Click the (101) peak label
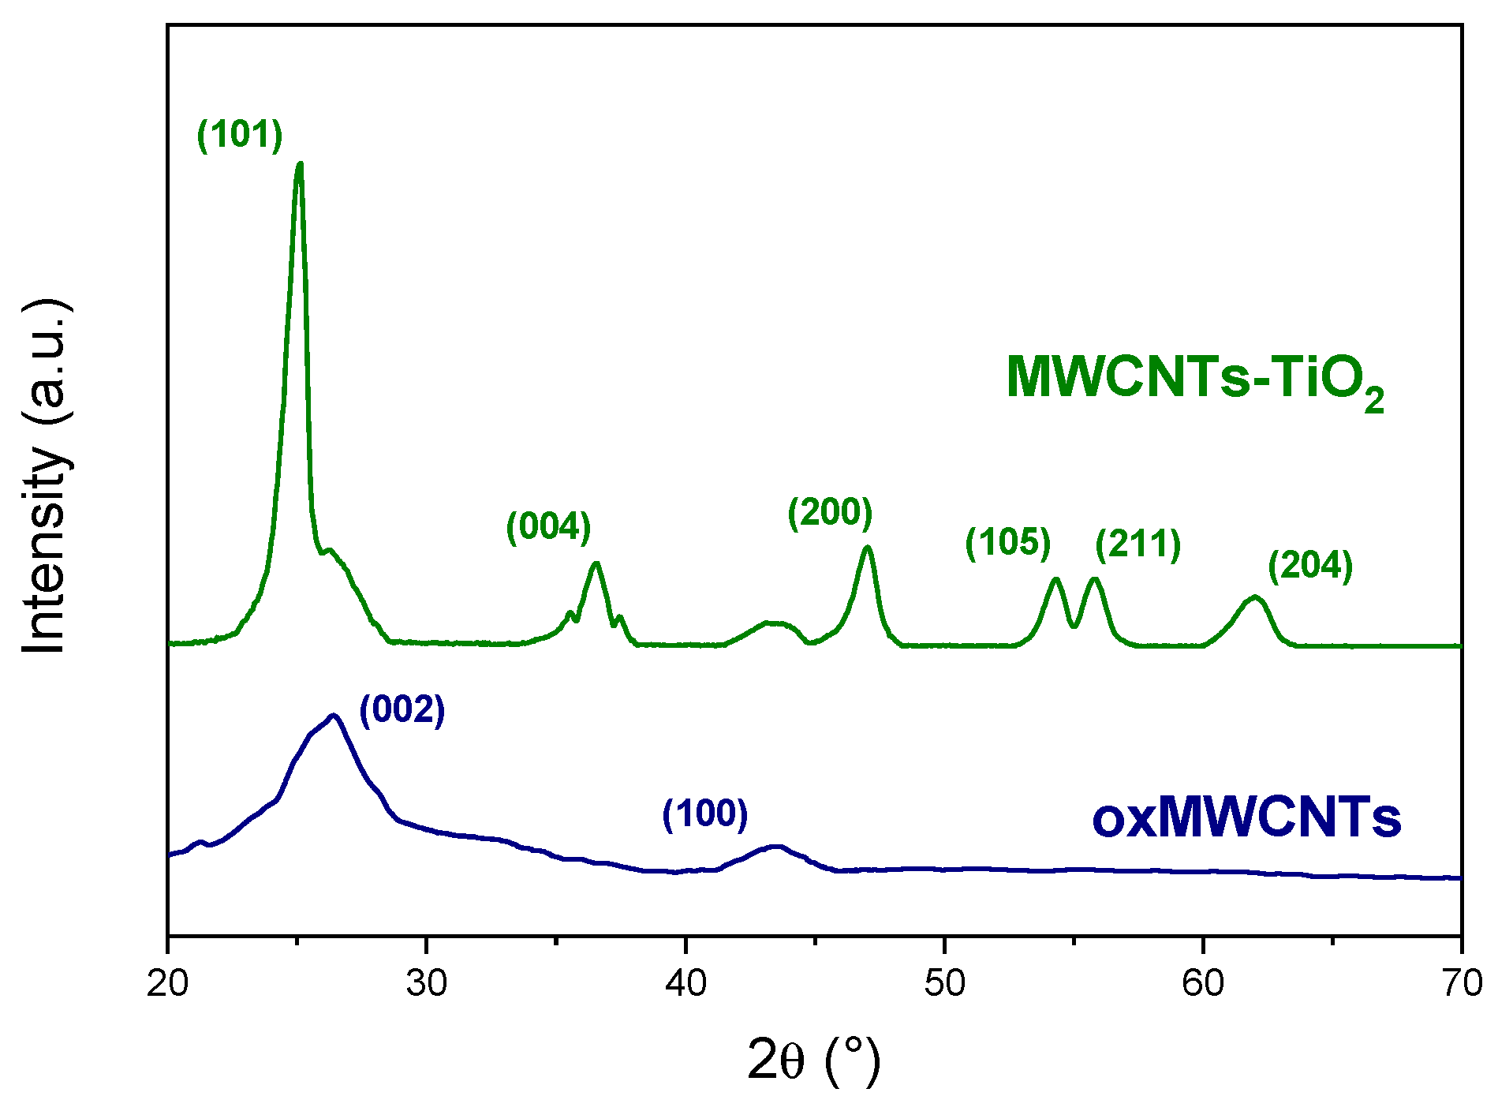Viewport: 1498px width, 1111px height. click(240, 134)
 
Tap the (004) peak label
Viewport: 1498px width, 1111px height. click(548, 526)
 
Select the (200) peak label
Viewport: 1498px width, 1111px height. click(830, 512)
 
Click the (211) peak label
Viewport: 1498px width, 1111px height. click(1138, 544)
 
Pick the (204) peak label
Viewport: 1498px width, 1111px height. click(1310, 565)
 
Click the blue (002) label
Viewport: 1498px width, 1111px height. click(402, 710)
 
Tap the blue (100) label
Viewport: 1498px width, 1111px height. click(704, 813)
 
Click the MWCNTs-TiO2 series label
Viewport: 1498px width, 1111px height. click(1195, 379)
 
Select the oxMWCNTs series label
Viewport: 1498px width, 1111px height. click(1246, 818)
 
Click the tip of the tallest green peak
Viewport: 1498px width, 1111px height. click(299, 164)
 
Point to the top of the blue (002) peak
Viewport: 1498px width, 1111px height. click(334, 716)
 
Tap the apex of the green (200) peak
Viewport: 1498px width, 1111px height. click(868, 547)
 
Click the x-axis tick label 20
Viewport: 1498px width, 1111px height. click(167, 984)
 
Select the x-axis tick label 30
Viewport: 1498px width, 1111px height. click(427, 984)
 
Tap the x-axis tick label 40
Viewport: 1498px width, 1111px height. click(685, 984)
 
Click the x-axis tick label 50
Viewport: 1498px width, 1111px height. click(944, 984)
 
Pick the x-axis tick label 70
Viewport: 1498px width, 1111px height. click(1461, 984)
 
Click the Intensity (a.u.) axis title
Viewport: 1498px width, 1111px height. click(45, 477)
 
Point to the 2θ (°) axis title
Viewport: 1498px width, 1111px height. click(813, 1062)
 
